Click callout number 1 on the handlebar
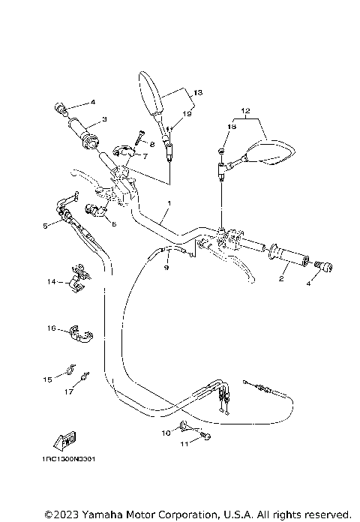(169, 203)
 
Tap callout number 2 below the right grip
(280, 278)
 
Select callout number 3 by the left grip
(104, 118)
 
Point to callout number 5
(46, 224)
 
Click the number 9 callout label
(167, 267)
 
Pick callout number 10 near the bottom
(164, 433)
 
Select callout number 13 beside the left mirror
(197, 91)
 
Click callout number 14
(51, 282)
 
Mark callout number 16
(51, 328)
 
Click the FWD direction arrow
(64, 441)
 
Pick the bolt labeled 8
(140, 137)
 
